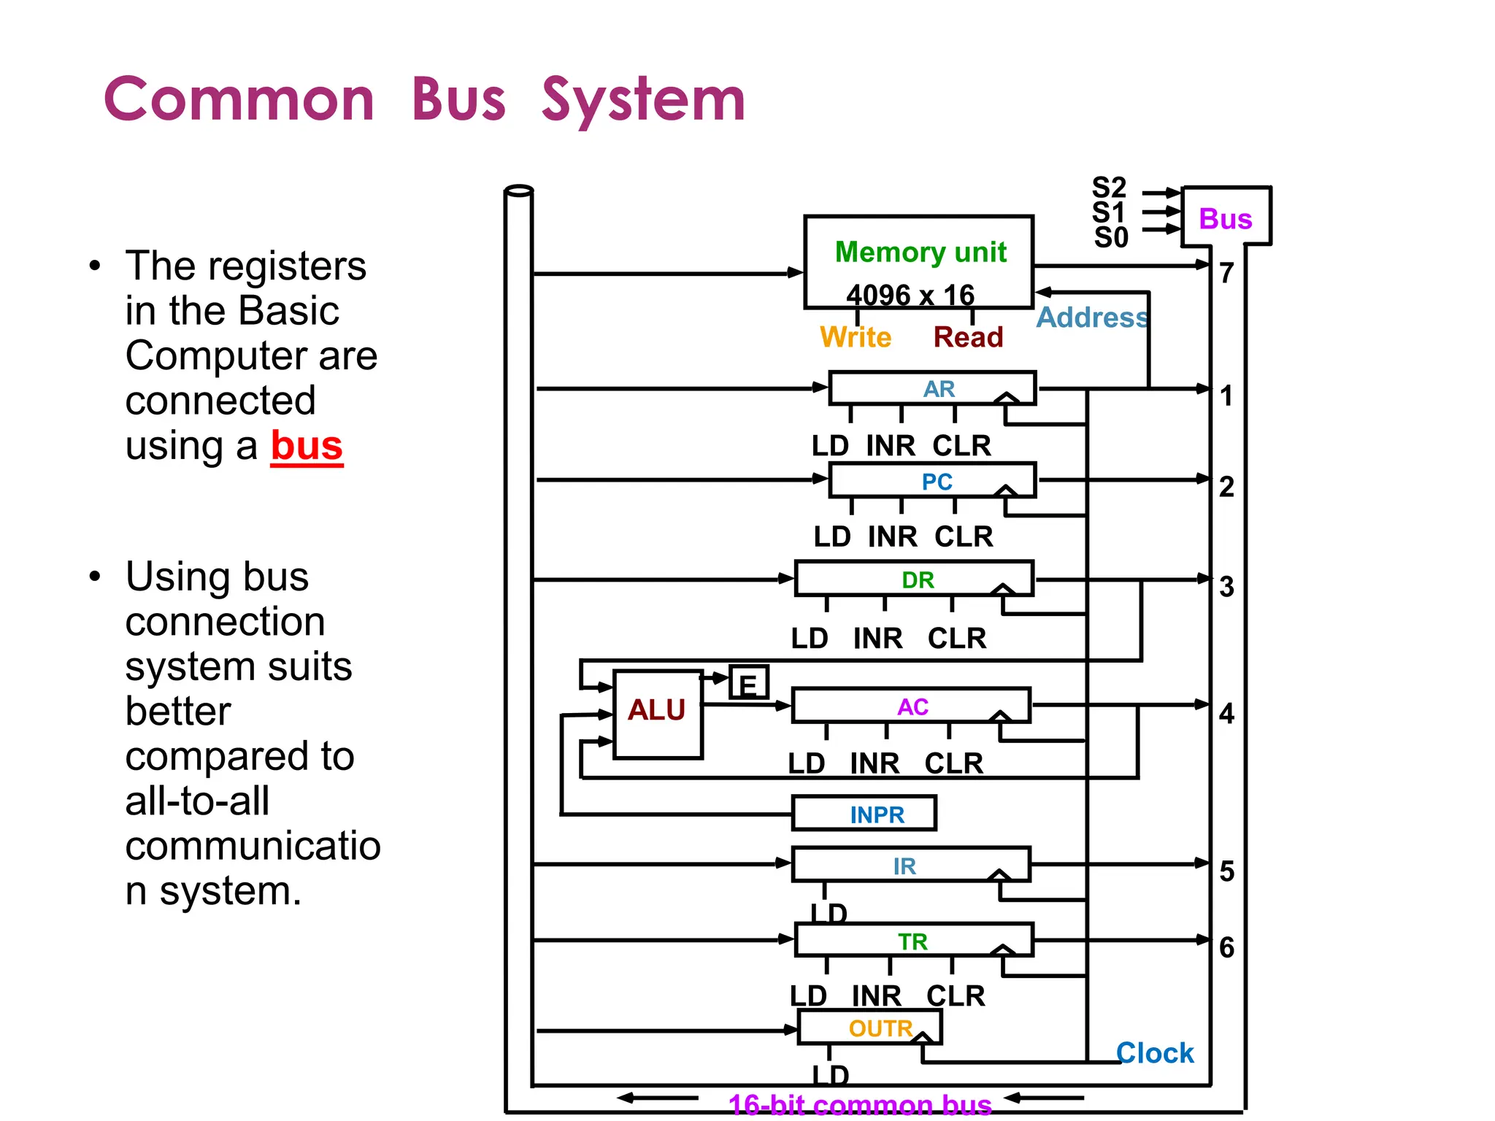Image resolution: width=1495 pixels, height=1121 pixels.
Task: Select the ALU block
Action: (657, 714)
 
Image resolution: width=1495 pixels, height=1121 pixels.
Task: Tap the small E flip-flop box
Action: (748, 683)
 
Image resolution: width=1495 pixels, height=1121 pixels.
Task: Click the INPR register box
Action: (864, 813)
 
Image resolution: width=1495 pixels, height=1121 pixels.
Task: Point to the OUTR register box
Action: (869, 1028)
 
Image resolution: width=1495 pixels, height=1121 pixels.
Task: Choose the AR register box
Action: (932, 388)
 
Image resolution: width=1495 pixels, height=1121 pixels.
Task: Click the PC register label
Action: (937, 482)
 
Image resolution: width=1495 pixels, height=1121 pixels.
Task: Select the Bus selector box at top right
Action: (1226, 217)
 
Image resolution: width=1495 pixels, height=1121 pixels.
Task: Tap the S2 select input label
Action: (1109, 188)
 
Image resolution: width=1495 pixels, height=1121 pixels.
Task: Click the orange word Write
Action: (856, 337)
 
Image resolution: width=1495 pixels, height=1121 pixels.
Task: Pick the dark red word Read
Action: (968, 337)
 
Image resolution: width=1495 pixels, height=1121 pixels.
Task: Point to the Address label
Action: (1092, 317)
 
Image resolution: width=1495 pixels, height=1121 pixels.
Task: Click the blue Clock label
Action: (1155, 1052)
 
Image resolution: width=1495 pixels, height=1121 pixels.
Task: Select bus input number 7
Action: (1226, 273)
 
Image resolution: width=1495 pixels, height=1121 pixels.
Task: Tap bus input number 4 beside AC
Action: (1226, 713)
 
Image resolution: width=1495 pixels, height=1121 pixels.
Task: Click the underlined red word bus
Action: (307, 445)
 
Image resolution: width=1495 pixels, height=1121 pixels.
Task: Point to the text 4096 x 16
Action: (910, 295)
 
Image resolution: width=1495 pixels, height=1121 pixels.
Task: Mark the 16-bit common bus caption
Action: (860, 1105)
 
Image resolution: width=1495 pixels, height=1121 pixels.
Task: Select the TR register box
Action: (913, 941)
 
